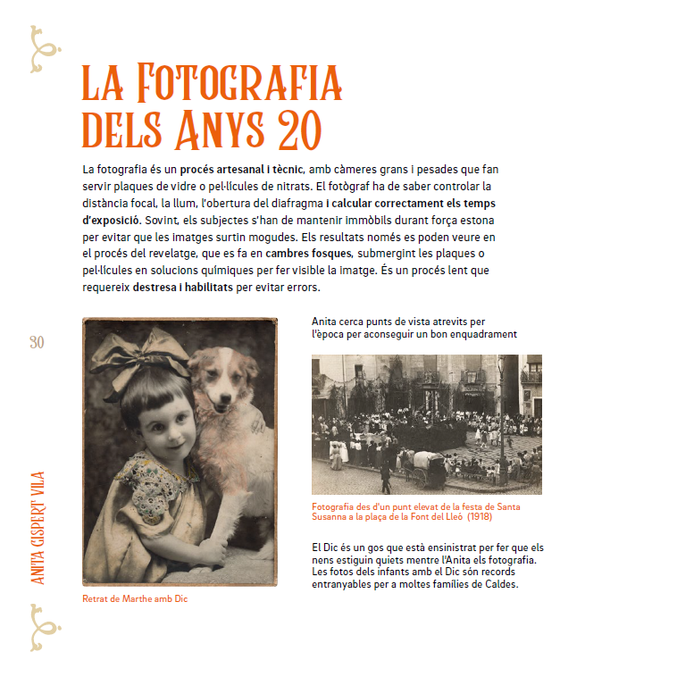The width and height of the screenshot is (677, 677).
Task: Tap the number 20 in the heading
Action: coord(297,130)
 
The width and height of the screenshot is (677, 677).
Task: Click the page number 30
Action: coord(37,342)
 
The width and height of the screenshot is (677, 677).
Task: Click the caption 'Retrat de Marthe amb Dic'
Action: coord(134,599)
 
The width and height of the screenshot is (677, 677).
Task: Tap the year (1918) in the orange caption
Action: coord(479,517)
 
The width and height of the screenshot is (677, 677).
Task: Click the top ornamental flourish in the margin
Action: coord(41,50)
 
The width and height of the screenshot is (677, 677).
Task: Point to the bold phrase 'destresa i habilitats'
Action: coord(182,288)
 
